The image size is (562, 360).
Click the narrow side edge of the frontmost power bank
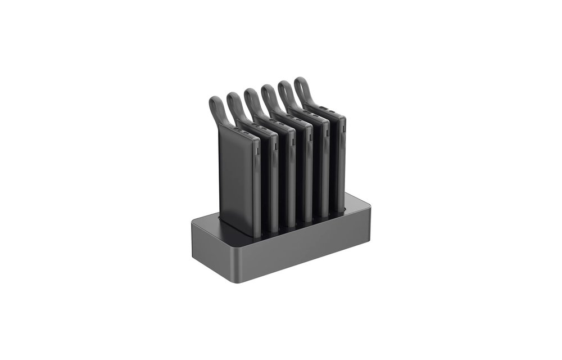[257, 186]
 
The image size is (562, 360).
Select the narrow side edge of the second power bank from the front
[275, 180]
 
